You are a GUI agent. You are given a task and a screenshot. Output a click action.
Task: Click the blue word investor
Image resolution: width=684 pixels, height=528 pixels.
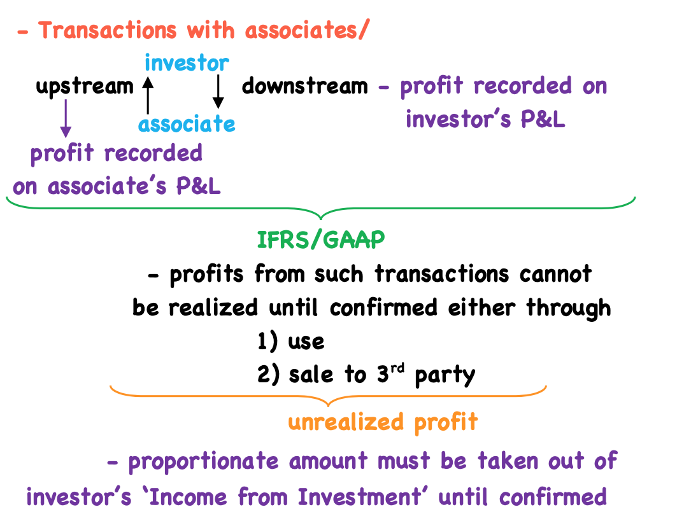187,64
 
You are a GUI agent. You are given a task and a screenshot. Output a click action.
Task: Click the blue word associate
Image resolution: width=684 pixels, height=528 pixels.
187,123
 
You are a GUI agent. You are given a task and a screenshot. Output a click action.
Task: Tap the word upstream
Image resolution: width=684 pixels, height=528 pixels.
85,87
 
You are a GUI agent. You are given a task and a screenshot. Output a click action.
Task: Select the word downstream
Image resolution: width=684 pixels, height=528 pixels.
305,86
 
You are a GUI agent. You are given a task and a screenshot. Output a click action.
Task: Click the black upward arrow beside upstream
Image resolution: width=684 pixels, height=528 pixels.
148,95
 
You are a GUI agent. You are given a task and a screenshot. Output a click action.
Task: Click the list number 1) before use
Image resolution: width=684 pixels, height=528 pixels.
267,342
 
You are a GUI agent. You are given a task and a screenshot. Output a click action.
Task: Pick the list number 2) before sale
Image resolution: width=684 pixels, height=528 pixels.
268,375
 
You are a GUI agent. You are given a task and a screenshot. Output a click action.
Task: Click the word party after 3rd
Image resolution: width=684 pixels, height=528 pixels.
445,375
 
